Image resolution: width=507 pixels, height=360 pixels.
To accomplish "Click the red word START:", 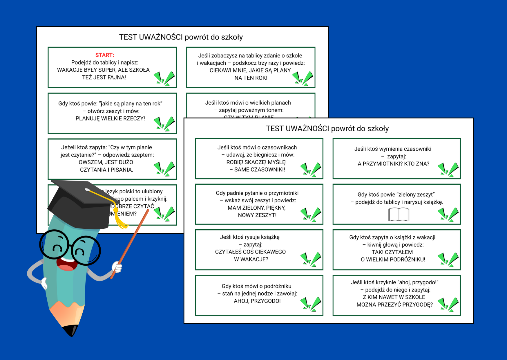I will tap(105, 55).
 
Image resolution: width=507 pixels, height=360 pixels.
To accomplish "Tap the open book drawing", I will tap(399, 215).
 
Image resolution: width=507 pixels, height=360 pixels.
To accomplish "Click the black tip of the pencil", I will tap(71, 330).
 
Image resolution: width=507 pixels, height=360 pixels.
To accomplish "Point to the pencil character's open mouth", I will tap(67, 263).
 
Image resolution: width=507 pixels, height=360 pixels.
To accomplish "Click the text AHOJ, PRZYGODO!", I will tap(257, 301).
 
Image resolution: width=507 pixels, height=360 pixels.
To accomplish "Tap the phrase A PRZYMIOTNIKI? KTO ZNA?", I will tap(393, 164).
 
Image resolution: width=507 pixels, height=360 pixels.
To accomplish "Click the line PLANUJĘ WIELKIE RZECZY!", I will tap(110, 118).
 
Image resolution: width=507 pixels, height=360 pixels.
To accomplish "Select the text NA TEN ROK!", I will tap(251, 78).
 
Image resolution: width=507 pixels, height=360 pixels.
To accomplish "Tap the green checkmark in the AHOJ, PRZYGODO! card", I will tap(311, 304).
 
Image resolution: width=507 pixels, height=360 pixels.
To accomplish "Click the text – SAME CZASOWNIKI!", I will tap(257, 170).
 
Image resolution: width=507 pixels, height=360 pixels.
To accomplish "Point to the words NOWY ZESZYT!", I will tap(257, 215).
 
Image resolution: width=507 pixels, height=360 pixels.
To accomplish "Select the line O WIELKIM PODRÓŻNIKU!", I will tap(393, 260).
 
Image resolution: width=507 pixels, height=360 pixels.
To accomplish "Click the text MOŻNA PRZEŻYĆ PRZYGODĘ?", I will tap(394, 305).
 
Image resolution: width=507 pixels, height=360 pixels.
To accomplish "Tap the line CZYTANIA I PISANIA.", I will tap(106, 170).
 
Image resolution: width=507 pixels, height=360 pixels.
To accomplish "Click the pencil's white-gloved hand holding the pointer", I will tap(117, 267).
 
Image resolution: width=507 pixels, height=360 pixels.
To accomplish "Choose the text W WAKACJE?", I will tap(251, 259).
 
